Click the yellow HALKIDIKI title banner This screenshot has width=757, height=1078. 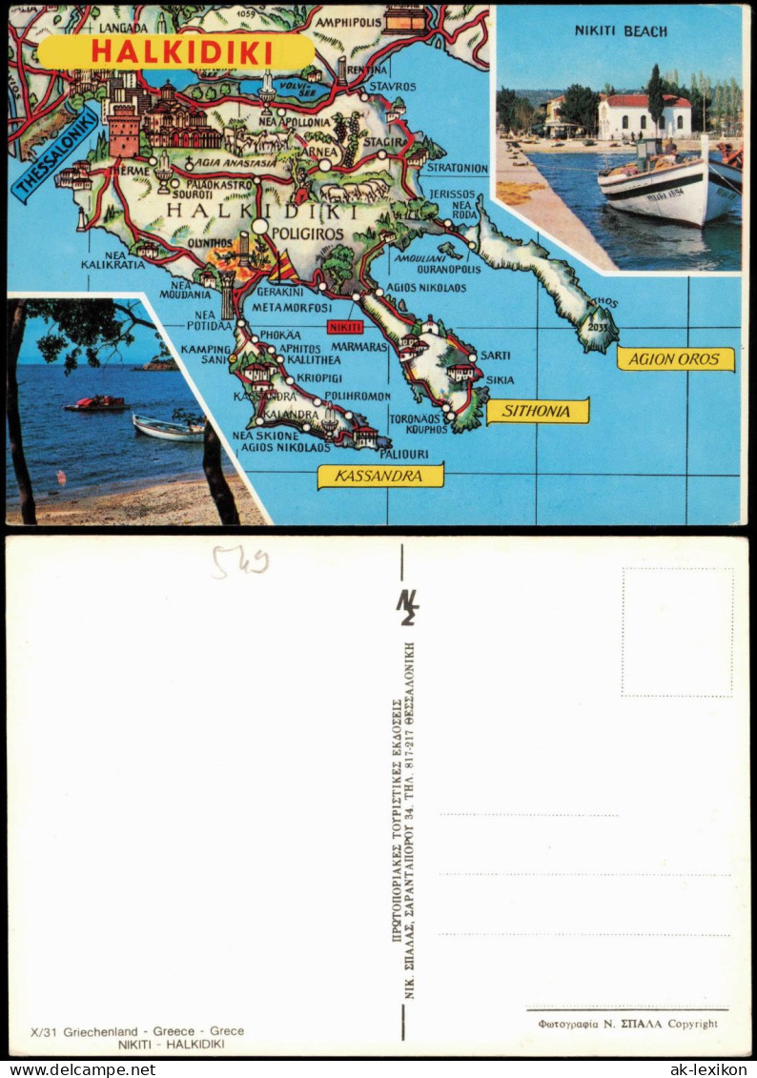(175, 51)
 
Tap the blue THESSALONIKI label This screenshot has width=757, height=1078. (55, 155)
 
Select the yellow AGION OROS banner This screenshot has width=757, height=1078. (675, 359)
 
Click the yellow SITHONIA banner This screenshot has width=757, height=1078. (538, 411)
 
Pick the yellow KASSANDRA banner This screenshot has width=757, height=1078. (380, 476)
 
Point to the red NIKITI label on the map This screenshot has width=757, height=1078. (344, 327)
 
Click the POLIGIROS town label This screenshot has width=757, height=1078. (307, 233)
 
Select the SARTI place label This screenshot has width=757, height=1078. (495, 355)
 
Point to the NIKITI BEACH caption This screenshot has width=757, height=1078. (621, 31)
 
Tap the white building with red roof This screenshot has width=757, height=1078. (644, 116)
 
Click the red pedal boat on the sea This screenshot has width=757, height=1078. (96, 404)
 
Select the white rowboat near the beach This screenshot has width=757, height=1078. (168, 429)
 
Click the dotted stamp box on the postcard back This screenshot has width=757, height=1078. (677, 633)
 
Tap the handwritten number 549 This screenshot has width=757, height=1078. (239, 562)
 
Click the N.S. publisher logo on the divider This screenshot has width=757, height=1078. (407, 606)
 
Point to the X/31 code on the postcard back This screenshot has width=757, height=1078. (47, 1031)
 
